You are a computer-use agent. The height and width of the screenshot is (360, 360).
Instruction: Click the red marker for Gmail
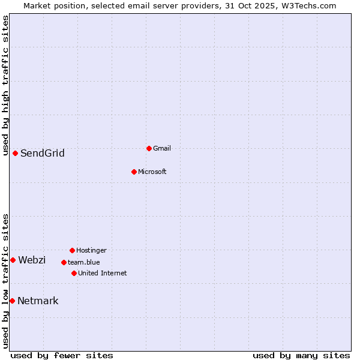[149, 148]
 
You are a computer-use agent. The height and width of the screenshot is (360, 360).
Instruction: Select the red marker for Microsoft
[134, 172]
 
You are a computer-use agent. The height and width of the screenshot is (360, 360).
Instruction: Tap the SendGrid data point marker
[15, 153]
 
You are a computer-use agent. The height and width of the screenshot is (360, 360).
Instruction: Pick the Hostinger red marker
[72, 250]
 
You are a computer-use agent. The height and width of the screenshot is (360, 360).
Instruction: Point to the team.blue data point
[64, 262]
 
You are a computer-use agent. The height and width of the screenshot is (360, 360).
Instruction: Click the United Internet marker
[74, 273]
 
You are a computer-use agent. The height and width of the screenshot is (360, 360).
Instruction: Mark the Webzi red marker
[13, 260]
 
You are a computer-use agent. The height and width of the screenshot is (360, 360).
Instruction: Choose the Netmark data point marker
[12, 301]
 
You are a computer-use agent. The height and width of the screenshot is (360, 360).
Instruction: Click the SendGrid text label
[43, 154]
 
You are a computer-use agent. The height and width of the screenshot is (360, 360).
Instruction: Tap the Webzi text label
[32, 260]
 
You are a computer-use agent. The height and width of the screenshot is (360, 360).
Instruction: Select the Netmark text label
[38, 301]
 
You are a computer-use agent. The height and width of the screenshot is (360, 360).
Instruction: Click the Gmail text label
[162, 148]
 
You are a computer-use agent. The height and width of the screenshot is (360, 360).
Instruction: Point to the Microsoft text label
[152, 172]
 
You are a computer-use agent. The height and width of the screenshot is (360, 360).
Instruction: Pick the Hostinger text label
[91, 250]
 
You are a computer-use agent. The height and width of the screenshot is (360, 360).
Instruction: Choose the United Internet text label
[103, 273]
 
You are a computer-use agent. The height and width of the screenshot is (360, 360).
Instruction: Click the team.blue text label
[84, 262]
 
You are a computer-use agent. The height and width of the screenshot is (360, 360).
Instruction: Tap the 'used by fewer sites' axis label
[62, 355]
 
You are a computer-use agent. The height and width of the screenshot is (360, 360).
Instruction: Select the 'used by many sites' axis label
[301, 355]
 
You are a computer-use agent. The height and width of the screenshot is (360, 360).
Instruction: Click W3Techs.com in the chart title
[308, 5]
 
